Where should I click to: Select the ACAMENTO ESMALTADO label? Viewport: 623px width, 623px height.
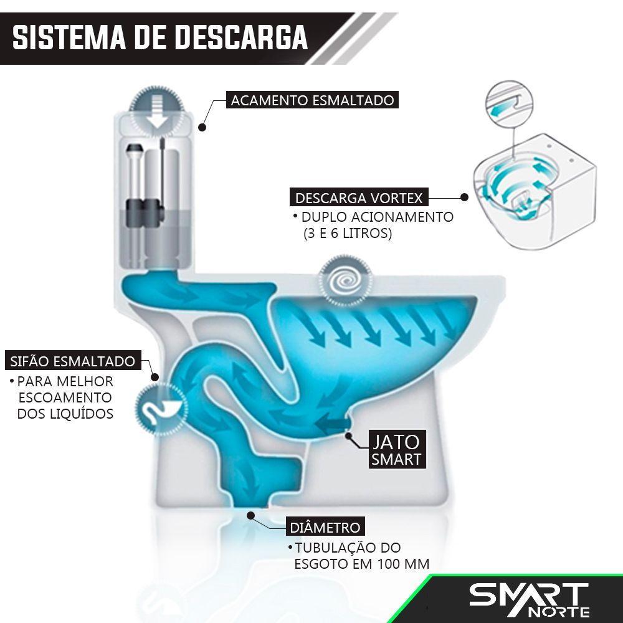click(x=312, y=101)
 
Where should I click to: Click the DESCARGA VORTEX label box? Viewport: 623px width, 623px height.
click(x=359, y=198)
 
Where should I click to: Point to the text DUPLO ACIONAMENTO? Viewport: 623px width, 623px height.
click(x=377, y=217)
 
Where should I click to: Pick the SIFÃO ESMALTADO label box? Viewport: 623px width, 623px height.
click(x=72, y=361)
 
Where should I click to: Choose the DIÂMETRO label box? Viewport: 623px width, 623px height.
click(x=325, y=528)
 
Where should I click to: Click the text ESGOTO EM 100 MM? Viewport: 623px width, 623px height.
click(x=361, y=564)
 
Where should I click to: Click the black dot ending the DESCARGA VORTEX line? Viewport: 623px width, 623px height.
click(x=464, y=197)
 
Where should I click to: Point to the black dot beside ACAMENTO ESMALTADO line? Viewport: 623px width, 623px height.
click(x=202, y=127)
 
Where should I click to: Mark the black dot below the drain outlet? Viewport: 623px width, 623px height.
click(x=250, y=515)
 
